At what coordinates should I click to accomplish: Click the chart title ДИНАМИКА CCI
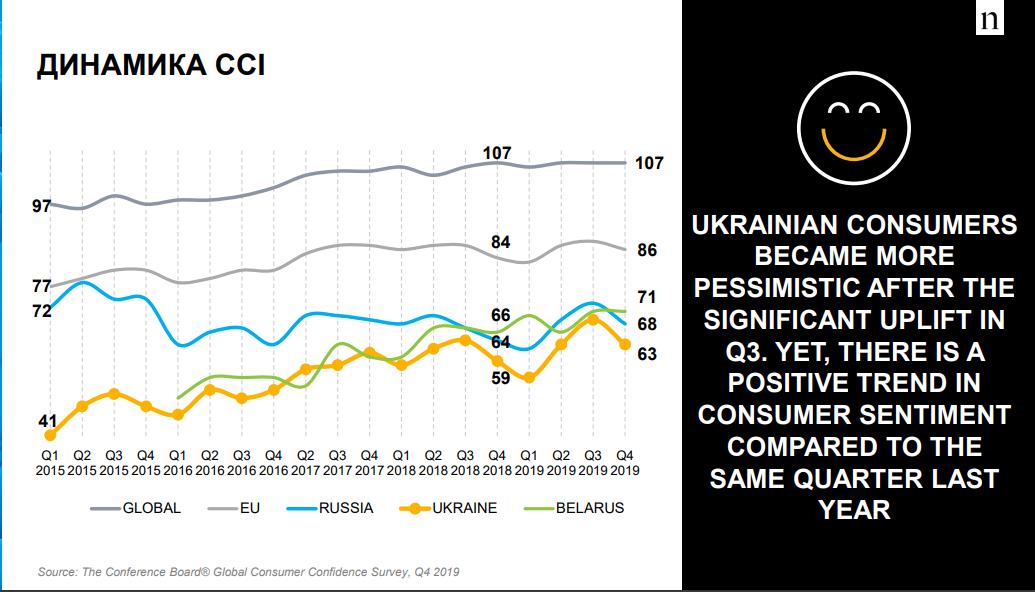[151, 68]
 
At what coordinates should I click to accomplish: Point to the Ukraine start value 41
[47, 421]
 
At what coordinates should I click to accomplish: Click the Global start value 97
[41, 207]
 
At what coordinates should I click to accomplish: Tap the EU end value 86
[647, 250]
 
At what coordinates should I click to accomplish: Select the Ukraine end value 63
[647, 354]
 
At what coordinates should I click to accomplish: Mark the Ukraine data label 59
[501, 378]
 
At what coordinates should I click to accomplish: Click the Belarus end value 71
[647, 297]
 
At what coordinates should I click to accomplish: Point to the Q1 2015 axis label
[50, 462]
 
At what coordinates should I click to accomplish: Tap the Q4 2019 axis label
[624, 462]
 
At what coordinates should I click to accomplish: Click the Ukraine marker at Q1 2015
[50, 435]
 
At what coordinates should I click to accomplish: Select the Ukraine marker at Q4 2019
[624, 344]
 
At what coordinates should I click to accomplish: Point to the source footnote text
[249, 572]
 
